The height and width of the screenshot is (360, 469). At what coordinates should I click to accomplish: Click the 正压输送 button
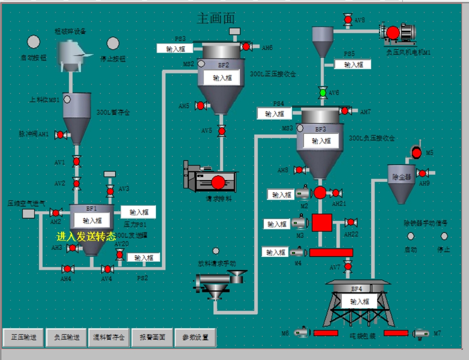pyautogui.click(x=23, y=337)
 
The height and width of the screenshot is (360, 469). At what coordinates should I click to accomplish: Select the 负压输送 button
pyautogui.click(x=66, y=337)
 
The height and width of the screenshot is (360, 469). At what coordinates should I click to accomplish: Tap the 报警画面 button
pyautogui.click(x=152, y=337)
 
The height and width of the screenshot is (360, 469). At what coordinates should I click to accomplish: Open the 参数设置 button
pyautogui.click(x=195, y=337)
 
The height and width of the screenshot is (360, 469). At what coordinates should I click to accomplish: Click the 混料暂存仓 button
pyautogui.click(x=109, y=337)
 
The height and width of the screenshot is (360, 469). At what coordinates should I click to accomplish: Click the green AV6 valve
pyautogui.click(x=323, y=92)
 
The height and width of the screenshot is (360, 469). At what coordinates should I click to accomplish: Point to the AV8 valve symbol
pyautogui.click(x=348, y=20)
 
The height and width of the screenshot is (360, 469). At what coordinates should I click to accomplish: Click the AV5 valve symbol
pyautogui.click(x=222, y=131)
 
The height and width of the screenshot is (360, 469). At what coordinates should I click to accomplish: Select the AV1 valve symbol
pyautogui.click(x=76, y=161)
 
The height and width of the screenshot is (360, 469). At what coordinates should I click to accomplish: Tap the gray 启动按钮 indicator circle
pyautogui.click(x=33, y=42)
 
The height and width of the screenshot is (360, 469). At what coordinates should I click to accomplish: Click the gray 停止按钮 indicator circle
pyautogui.click(x=113, y=44)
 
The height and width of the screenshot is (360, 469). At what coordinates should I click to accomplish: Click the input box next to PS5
pyautogui.click(x=352, y=64)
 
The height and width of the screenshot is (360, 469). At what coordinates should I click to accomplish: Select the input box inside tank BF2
pyautogui.click(x=222, y=77)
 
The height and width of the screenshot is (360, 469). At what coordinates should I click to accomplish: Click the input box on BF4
pyautogui.click(x=360, y=301)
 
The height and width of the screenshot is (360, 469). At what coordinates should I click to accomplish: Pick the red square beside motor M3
pyautogui.click(x=322, y=223)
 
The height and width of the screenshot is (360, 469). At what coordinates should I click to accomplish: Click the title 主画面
pyautogui.click(x=216, y=18)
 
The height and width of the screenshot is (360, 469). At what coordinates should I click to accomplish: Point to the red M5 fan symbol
pyautogui.click(x=416, y=153)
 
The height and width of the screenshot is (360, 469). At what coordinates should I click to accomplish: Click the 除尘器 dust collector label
pyautogui.click(x=401, y=177)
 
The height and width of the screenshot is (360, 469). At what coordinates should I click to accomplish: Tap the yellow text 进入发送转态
pyautogui.click(x=86, y=236)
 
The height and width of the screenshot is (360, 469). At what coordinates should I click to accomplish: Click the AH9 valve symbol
pyautogui.click(x=422, y=173)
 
